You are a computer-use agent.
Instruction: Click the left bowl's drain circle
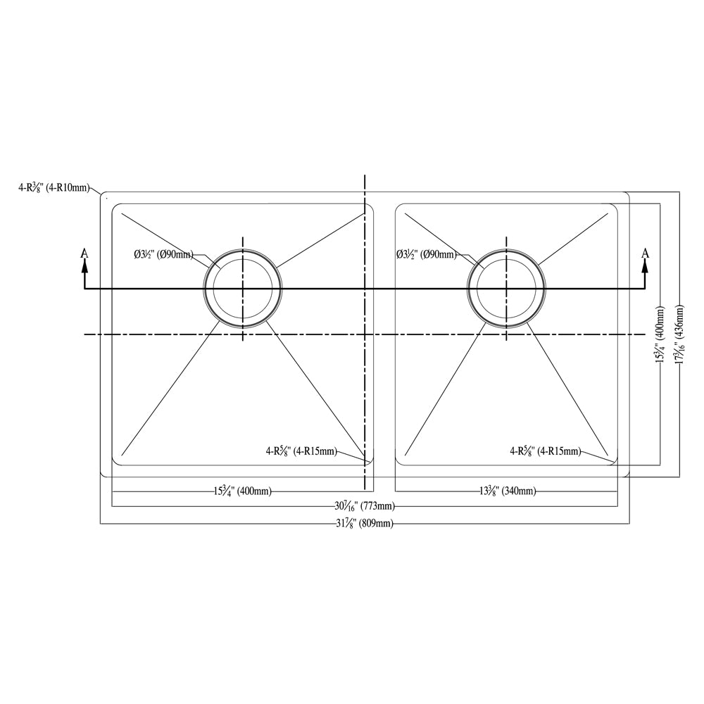243,289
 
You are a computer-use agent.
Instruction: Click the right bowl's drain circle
506,289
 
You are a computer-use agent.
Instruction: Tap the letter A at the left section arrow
84,253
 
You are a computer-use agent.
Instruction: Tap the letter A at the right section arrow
645,253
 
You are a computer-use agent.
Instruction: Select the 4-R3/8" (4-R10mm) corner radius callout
55,187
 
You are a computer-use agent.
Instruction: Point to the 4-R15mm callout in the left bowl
301,451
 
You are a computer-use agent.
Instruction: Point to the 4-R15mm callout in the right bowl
546,451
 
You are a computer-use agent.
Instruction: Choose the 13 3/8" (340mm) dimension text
506,491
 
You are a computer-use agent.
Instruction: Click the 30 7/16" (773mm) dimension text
364,506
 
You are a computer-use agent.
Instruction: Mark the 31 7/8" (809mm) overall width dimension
364,524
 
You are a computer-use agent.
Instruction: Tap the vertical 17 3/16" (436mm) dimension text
679,335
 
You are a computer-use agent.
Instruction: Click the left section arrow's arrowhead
84,265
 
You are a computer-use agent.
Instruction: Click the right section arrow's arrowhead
645,265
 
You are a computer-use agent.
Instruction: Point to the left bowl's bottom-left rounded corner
116,462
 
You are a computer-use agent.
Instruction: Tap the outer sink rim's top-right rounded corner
626,195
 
